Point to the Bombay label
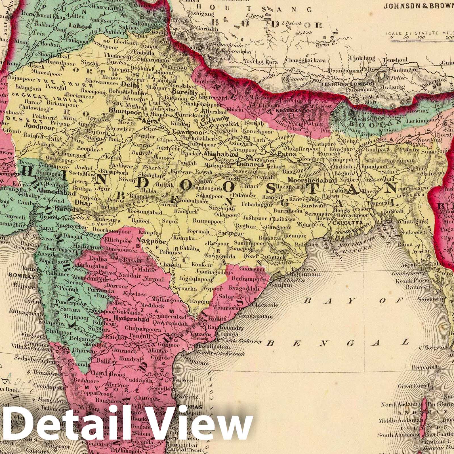pos(19,275)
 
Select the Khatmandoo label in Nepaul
pos(290,110)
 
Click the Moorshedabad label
pos(312,180)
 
